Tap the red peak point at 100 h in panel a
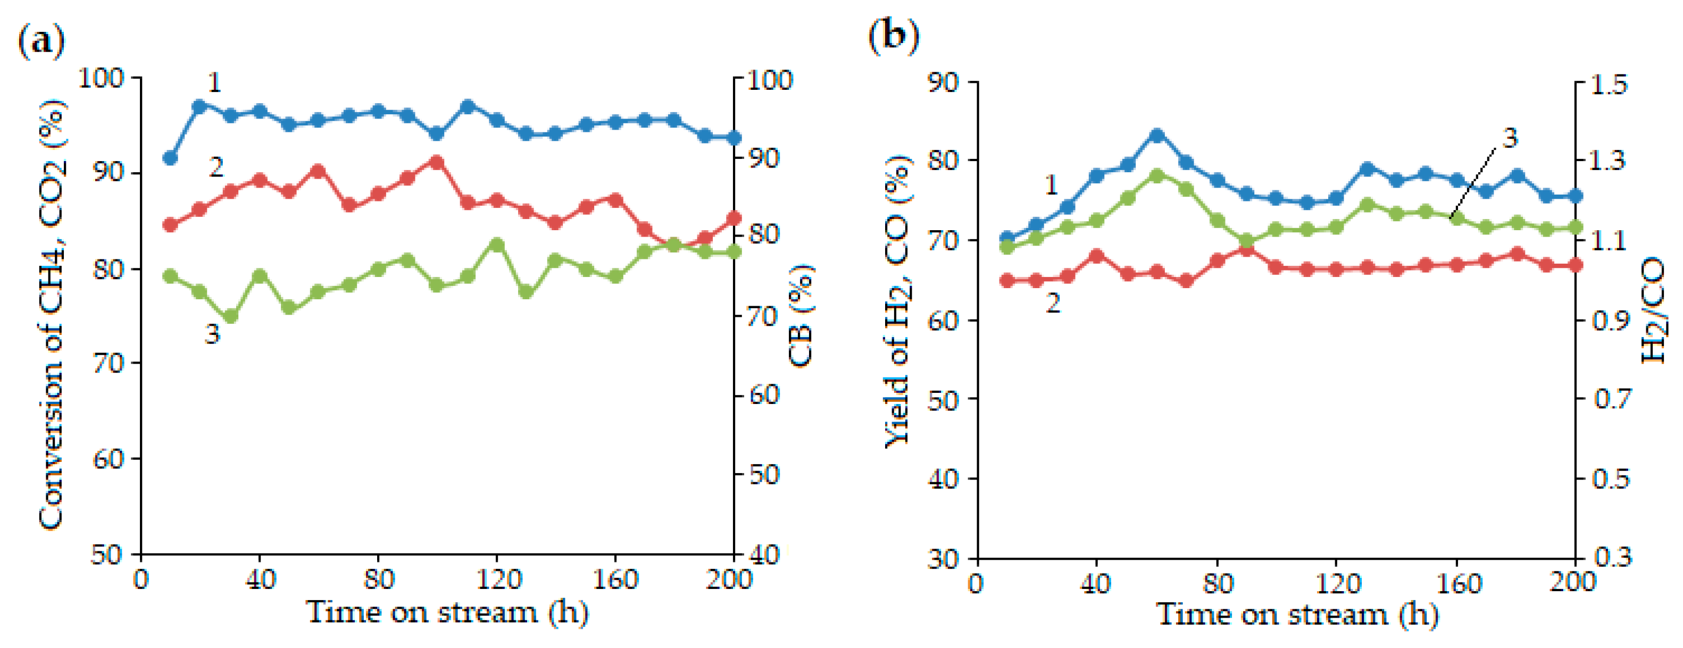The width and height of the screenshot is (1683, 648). (437, 162)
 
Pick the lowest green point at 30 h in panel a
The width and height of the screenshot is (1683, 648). (230, 317)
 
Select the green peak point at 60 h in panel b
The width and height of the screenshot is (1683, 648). (1157, 176)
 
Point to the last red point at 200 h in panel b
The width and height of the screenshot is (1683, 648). (1575, 265)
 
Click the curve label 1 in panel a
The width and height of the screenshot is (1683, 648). (214, 83)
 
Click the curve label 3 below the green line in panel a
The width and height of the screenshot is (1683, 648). (212, 334)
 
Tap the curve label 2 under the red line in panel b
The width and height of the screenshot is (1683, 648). (1053, 303)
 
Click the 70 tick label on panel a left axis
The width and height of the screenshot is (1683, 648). (108, 363)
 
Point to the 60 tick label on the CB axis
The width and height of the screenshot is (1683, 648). (763, 394)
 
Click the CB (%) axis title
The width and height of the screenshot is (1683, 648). (801, 316)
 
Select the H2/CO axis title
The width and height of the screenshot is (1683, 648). (1653, 310)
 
